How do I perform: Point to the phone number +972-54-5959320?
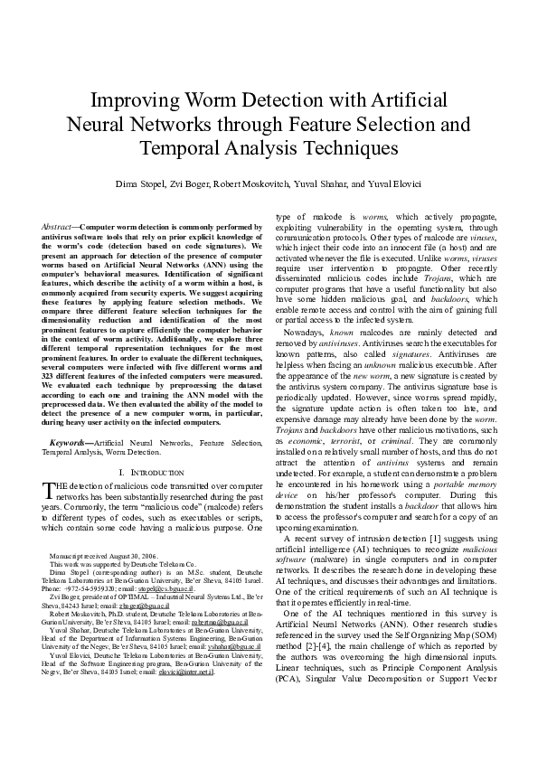pos(83,587)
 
